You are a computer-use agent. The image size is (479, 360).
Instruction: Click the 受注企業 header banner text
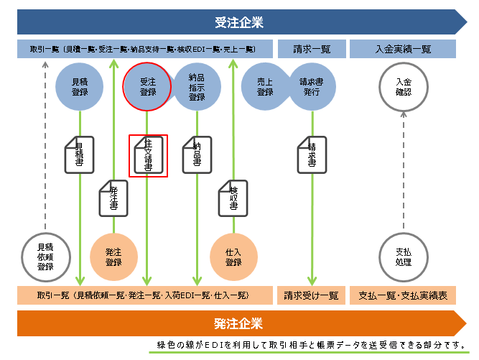(239, 22)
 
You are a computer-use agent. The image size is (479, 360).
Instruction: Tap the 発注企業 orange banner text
(238, 323)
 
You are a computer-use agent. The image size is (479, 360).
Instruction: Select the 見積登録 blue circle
(80, 87)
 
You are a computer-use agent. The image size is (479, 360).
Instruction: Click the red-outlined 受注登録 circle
(148, 87)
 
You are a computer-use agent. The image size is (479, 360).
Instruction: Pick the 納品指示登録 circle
(197, 87)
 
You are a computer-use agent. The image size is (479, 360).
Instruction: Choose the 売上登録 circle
(265, 87)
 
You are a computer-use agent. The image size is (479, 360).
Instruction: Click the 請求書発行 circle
(312, 87)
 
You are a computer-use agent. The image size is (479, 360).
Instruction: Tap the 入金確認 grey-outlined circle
(403, 87)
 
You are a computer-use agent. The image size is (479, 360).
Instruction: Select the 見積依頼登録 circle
(46, 257)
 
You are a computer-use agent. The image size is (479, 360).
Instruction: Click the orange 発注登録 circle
(113, 257)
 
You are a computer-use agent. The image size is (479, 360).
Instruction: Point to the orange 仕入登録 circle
(233, 257)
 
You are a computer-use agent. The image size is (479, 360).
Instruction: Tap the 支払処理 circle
(403, 257)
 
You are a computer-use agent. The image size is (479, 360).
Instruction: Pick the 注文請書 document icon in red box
(148, 154)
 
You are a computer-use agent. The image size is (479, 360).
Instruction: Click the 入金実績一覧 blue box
(403, 50)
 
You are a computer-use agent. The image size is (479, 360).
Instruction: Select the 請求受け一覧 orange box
(311, 295)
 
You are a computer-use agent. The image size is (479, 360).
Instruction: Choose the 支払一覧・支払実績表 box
(403, 295)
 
